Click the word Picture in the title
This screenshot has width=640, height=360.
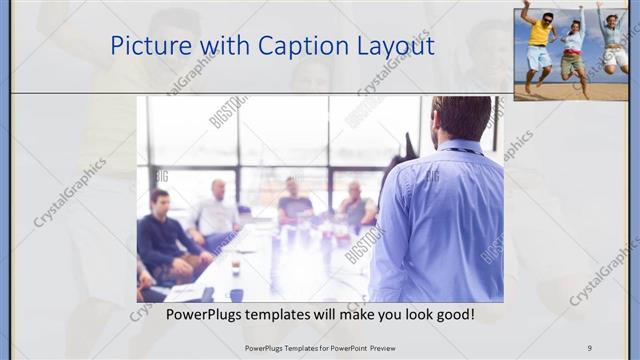tap(149, 46)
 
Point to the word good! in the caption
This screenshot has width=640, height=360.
tap(452, 315)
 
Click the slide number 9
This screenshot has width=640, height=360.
tap(590, 347)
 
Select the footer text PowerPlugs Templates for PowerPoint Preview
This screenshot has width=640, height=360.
tap(320, 347)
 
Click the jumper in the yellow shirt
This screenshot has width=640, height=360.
tap(538, 40)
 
